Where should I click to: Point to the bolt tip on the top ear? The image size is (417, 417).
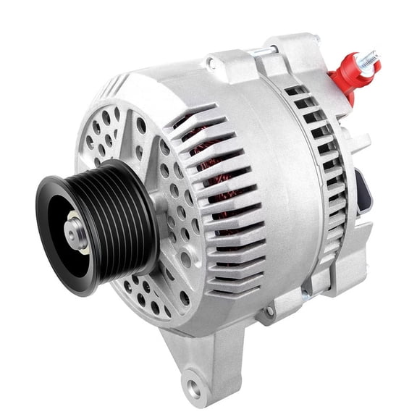[x=316, y=38]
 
